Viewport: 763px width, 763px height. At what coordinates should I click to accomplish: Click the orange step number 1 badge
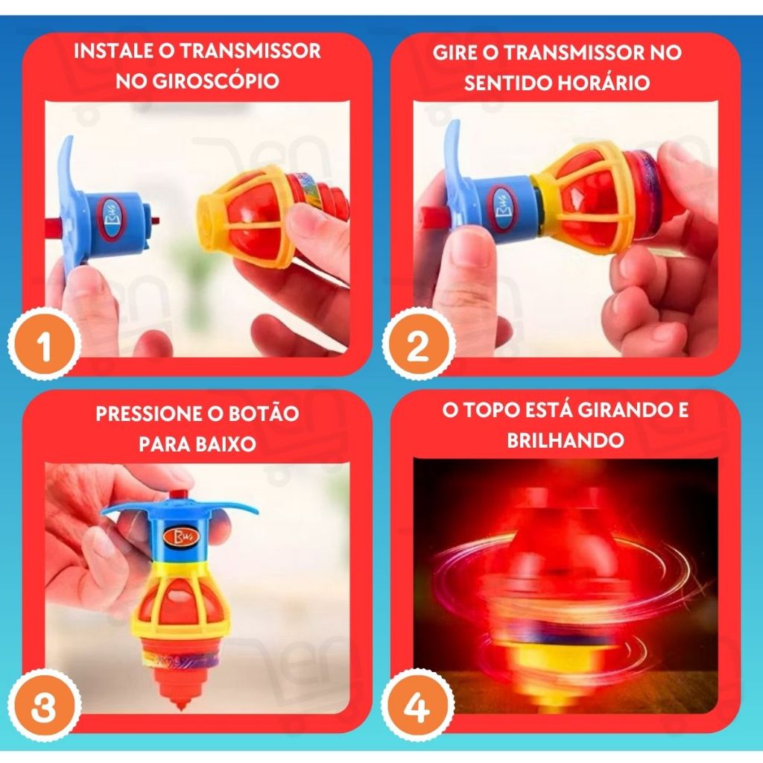tap(44, 344)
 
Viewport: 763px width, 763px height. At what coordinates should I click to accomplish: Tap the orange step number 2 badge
tap(418, 344)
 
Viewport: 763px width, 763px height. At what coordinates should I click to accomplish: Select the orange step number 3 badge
tap(44, 706)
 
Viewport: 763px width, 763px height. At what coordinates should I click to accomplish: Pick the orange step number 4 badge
tap(417, 706)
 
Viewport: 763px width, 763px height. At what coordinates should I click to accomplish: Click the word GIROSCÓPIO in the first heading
tap(216, 81)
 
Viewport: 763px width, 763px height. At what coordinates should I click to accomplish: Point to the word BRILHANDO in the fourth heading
tap(566, 440)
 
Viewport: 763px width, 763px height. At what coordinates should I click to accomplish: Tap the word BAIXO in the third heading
tap(225, 444)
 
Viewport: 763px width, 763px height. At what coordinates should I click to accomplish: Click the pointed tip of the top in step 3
tap(180, 708)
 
